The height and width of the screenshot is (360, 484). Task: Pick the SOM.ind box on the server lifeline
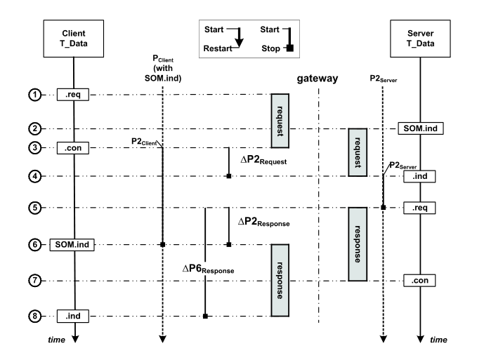tap(419, 128)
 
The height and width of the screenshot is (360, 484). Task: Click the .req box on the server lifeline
tap(419, 208)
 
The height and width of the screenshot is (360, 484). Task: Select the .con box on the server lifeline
tap(419, 281)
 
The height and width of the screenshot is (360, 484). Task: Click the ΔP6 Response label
tap(207, 268)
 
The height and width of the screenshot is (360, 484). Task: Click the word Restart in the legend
tap(218, 49)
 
